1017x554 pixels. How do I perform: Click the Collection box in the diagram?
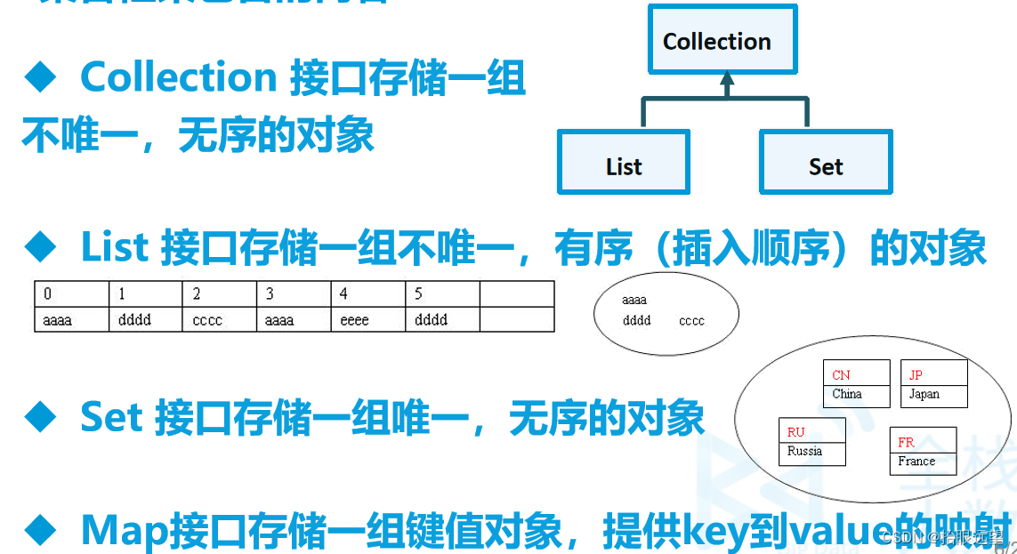coord(717,41)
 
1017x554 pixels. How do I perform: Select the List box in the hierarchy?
coord(624,163)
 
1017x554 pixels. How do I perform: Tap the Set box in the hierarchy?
coord(826,163)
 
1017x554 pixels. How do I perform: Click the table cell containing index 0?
coord(71,294)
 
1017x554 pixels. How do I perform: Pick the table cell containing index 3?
coord(294,294)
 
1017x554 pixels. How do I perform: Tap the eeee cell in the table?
coord(367,319)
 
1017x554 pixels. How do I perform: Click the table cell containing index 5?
coord(442,294)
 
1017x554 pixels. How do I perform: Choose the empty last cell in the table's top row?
coord(516,294)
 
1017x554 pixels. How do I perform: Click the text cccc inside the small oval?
coord(691,321)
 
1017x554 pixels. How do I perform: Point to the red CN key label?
coord(841,375)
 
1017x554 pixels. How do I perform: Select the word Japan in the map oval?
coord(924,394)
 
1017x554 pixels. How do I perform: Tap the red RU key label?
coord(795,432)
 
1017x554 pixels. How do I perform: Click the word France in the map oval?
coord(916,461)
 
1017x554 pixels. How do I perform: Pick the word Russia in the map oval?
coord(804,451)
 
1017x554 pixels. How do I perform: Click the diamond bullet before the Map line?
coord(40,531)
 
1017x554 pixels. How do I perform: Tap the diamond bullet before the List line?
coord(40,248)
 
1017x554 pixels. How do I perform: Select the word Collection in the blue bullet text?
coord(179,78)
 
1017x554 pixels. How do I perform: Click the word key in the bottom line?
coord(709,531)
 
